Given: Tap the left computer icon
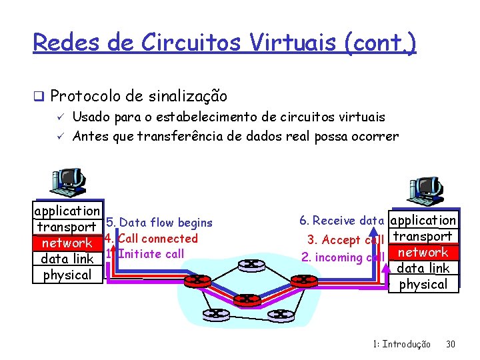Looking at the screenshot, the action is (66, 183).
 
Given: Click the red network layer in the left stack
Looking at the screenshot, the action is (67, 243).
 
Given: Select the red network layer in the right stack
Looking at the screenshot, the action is (423, 253).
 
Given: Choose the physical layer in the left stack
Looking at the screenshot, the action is (67, 275).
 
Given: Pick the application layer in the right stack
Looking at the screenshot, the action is (423, 220).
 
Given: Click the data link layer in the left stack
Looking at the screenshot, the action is (67, 259).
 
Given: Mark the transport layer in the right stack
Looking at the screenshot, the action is (423, 236).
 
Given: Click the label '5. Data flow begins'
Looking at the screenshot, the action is (159, 223).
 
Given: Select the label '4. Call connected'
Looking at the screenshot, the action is (152, 238).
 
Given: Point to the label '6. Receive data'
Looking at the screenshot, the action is (341, 221).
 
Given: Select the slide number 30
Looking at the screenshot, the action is (450, 345).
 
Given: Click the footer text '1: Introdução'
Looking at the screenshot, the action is (401, 345).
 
